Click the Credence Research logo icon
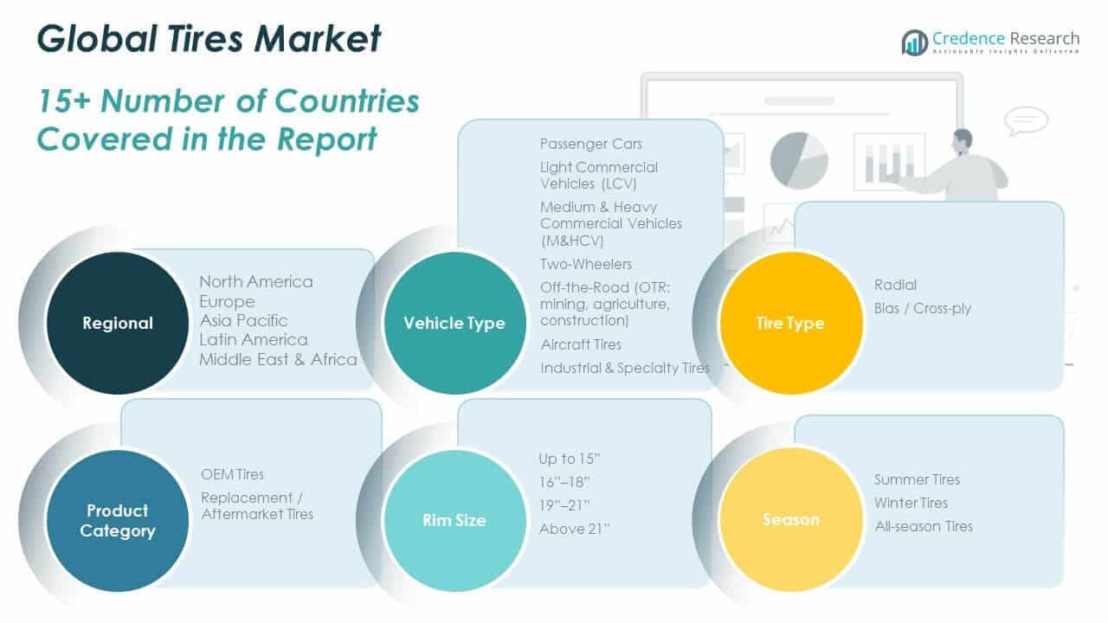[x=914, y=42]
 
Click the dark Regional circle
[x=118, y=323]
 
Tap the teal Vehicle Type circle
[x=454, y=323]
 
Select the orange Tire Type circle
[x=791, y=323]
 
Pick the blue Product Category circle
[x=118, y=520]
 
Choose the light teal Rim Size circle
[x=454, y=520]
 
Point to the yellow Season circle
[x=791, y=520]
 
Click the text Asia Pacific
[x=243, y=320]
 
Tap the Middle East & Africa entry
[x=278, y=359]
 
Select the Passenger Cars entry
[x=591, y=144]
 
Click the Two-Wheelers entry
[x=586, y=264]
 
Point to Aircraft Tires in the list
[x=581, y=344]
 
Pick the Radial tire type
[x=895, y=285]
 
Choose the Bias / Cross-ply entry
[x=923, y=308]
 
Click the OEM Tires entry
[x=232, y=474]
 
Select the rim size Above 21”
[x=574, y=529]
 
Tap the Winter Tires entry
[x=911, y=503]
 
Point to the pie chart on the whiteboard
[x=798, y=159]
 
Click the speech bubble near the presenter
[x=1027, y=121]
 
